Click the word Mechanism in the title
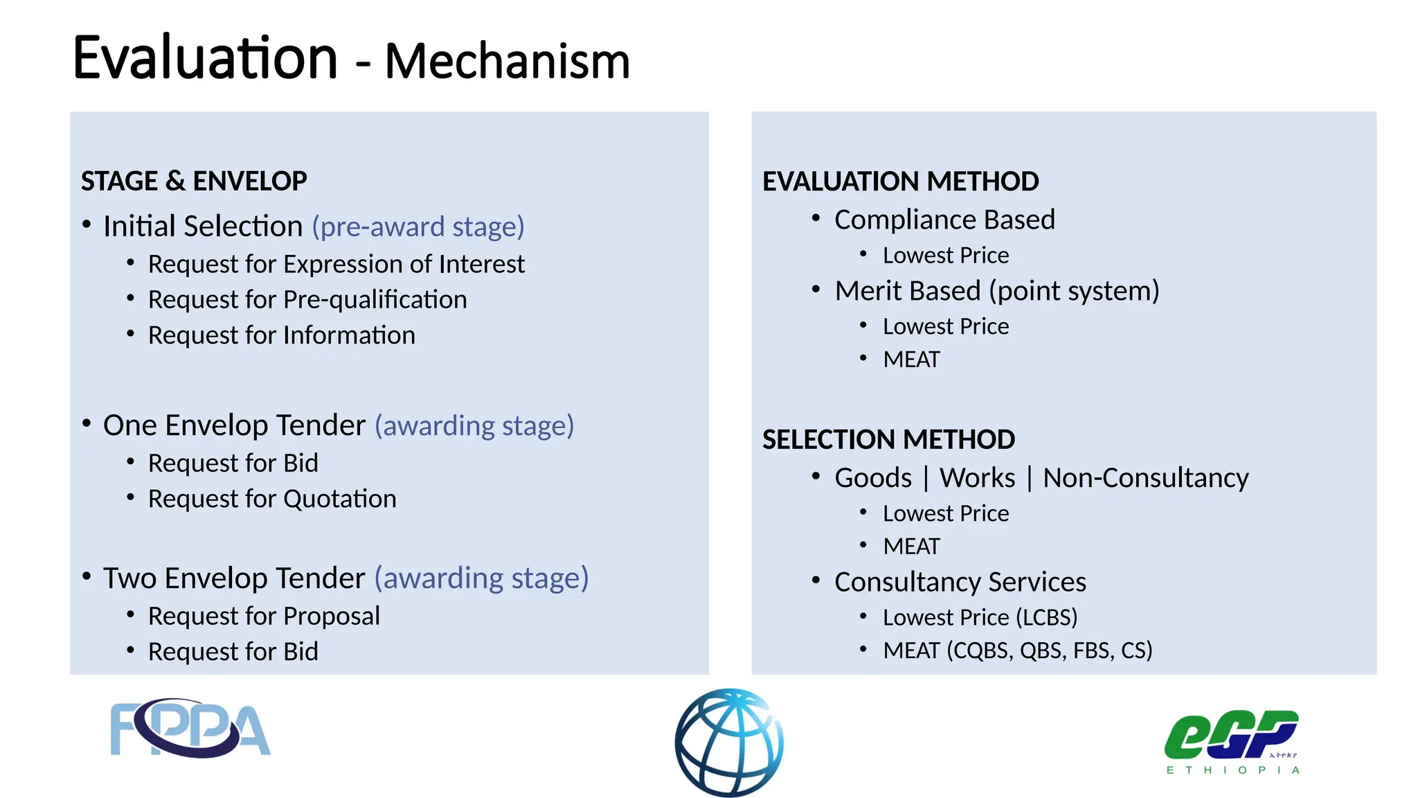[507, 62]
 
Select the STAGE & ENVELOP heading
[194, 181]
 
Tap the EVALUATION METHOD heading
[900, 181]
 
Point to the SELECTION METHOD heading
[888, 440]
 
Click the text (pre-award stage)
[418, 227]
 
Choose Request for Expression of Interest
[336, 265]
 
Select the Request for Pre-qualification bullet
[307, 300]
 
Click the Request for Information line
[281, 336]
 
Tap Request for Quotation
[272, 499]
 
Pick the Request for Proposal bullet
[264, 617]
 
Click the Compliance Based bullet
[944, 220]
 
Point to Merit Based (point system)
[996, 292]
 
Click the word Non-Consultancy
[1145, 479]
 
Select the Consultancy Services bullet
[960, 583]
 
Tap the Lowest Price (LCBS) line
[980, 618]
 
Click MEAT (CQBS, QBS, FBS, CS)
[1017, 651]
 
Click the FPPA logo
[190, 728]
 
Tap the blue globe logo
[729, 743]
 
